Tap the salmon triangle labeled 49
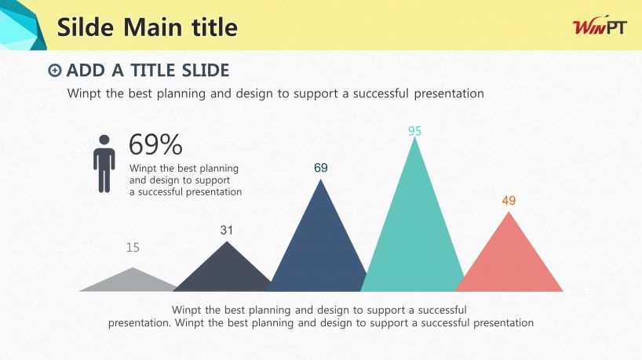tap(509, 262)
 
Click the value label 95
tap(414, 131)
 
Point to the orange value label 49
tap(509, 201)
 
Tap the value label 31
tap(226, 230)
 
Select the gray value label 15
tap(133, 248)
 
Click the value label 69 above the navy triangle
tap(321, 168)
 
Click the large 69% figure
tap(155, 144)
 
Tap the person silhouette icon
tap(104, 164)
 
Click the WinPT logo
tap(600, 27)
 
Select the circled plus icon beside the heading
tap(54, 71)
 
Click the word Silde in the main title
tap(85, 27)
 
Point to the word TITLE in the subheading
tap(153, 71)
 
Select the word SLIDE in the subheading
tap(206, 71)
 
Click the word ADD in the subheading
tap(86, 71)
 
